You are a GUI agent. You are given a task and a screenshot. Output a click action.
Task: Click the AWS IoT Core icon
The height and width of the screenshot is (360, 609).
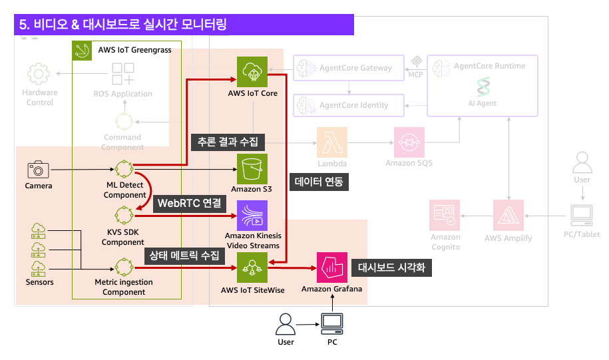(x=252, y=73)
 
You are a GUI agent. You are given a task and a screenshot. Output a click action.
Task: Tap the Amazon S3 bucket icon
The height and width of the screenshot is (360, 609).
(x=252, y=169)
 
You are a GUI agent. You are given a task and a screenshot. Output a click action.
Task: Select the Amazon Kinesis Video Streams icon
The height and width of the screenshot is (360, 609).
(x=252, y=215)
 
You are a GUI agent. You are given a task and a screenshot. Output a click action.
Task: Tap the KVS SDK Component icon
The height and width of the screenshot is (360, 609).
(x=124, y=215)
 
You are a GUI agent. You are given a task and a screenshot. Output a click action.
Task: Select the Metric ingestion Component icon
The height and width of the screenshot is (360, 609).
(x=124, y=268)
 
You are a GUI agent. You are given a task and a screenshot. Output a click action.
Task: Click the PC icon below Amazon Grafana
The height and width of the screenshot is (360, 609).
(x=331, y=324)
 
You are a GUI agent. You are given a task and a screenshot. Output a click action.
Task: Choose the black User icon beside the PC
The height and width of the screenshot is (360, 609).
(x=286, y=324)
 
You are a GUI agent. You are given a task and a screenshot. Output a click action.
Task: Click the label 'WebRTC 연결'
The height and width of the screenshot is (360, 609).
(x=188, y=204)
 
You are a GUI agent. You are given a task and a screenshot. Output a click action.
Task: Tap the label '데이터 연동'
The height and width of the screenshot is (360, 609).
(x=321, y=181)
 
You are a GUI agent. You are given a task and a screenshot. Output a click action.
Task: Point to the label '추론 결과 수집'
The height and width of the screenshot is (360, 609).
(x=228, y=141)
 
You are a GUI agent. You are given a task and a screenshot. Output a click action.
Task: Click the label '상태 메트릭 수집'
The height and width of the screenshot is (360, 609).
(x=184, y=255)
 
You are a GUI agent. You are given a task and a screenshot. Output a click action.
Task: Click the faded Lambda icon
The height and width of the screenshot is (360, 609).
(x=331, y=142)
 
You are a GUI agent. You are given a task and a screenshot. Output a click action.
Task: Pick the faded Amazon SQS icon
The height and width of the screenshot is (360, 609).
(x=409, y=142)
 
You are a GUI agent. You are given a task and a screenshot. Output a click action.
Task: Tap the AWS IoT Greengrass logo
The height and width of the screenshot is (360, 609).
(x=83, y=50)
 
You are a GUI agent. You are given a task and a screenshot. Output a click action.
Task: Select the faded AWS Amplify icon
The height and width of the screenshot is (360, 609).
(x=508, y=215)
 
